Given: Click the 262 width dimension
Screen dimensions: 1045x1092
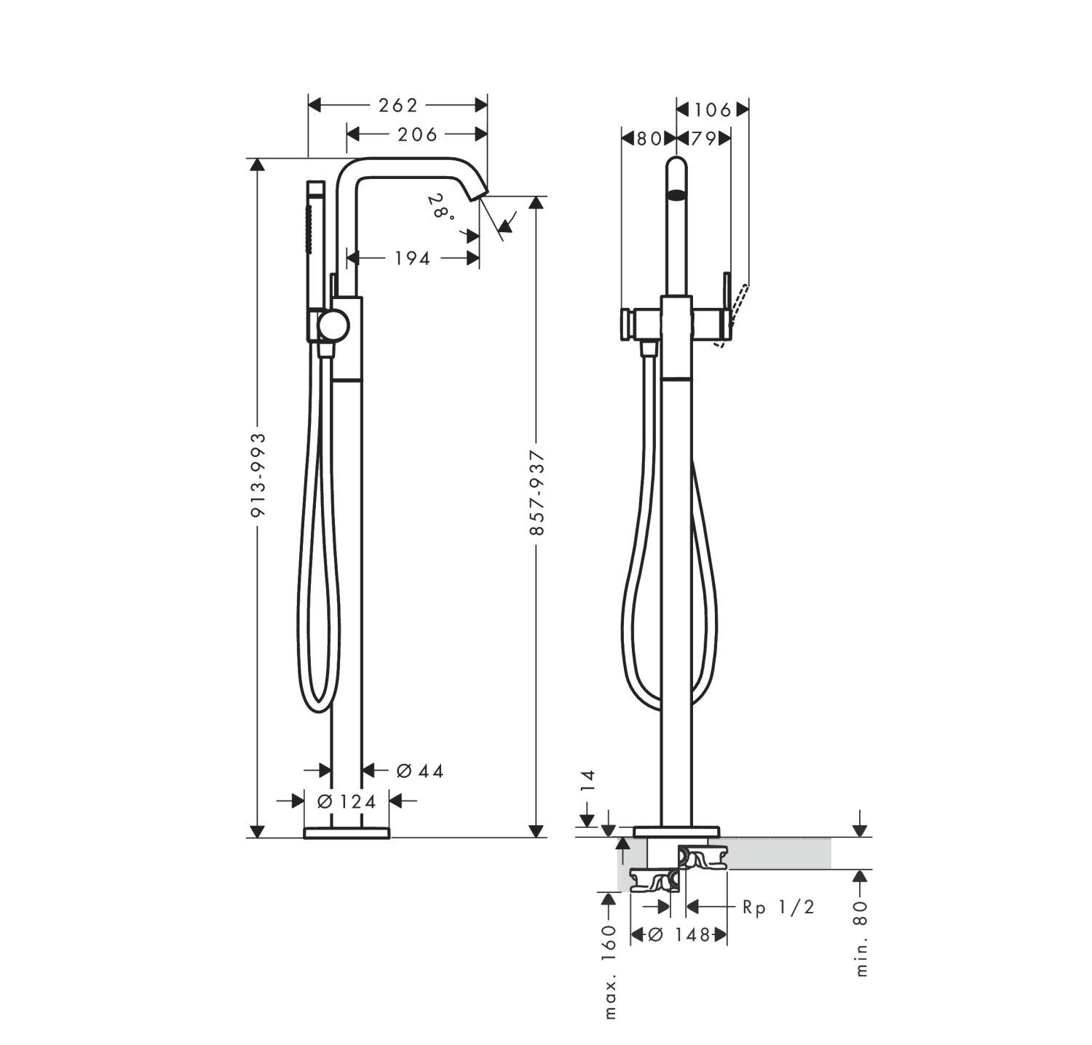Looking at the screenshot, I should (x=398, y=106).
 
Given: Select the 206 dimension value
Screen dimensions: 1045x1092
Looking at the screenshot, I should (x=417, y=135).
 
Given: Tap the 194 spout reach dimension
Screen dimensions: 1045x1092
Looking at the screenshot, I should (x=413, y=258).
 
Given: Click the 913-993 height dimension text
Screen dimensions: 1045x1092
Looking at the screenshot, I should (x=258, y=475).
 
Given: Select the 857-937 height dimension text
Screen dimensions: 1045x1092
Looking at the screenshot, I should (x=537, y=493).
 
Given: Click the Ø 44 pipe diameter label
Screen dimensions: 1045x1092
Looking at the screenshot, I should (x=420, y=771).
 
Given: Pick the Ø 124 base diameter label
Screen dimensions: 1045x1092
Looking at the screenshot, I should (x=347, y=801).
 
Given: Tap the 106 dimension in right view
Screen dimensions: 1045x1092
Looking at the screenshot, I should (x=712, y=110).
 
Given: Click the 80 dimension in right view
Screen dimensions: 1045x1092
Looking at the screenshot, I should (x=649, y=138).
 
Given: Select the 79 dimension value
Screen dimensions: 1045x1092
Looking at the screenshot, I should (x=703, y=138).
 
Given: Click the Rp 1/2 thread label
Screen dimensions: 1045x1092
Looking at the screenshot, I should (x=778, y=907).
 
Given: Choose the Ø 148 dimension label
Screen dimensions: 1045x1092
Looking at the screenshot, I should (x=678, y=935).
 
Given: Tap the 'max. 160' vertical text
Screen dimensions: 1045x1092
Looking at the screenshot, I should (x=610, y=972).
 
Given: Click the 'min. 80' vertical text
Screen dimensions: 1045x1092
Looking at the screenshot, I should (x=861, y=939).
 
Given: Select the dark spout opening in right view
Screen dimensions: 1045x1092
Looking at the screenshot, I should (x=677, y=194).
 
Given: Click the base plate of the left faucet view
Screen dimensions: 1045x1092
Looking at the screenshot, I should (x=347, y=833).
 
